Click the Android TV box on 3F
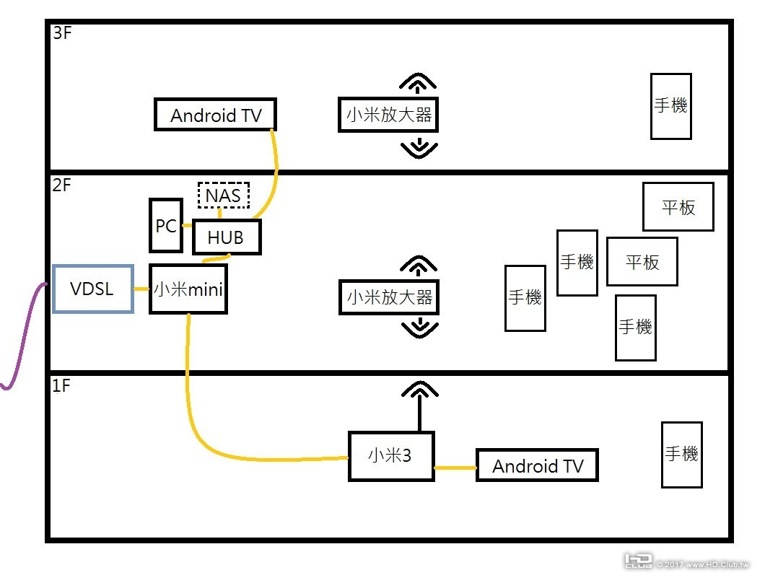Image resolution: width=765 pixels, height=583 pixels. point(216,115)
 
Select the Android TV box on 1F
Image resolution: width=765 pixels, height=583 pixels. point(538,466)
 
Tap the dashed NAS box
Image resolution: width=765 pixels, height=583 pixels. point(223,195)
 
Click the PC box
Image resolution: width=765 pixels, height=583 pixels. point(166,226)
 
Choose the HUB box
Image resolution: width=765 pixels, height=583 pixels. point(226,237)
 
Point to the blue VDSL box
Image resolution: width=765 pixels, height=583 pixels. point(92,289)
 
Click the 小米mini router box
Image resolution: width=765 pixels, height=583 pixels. point(188,289)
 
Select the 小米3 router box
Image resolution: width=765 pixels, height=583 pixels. point(391,456)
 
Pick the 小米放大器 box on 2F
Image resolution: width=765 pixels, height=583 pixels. point(389,297)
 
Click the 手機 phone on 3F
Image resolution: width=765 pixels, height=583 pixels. point(670,106)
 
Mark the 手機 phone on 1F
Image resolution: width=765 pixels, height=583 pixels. point(681,455)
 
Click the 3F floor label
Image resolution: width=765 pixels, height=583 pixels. point(63,34)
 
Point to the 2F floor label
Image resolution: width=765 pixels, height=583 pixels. point(63,185)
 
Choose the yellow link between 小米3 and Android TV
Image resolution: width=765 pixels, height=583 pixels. point(455,470)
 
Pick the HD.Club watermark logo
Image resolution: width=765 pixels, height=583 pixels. point(638,561)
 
